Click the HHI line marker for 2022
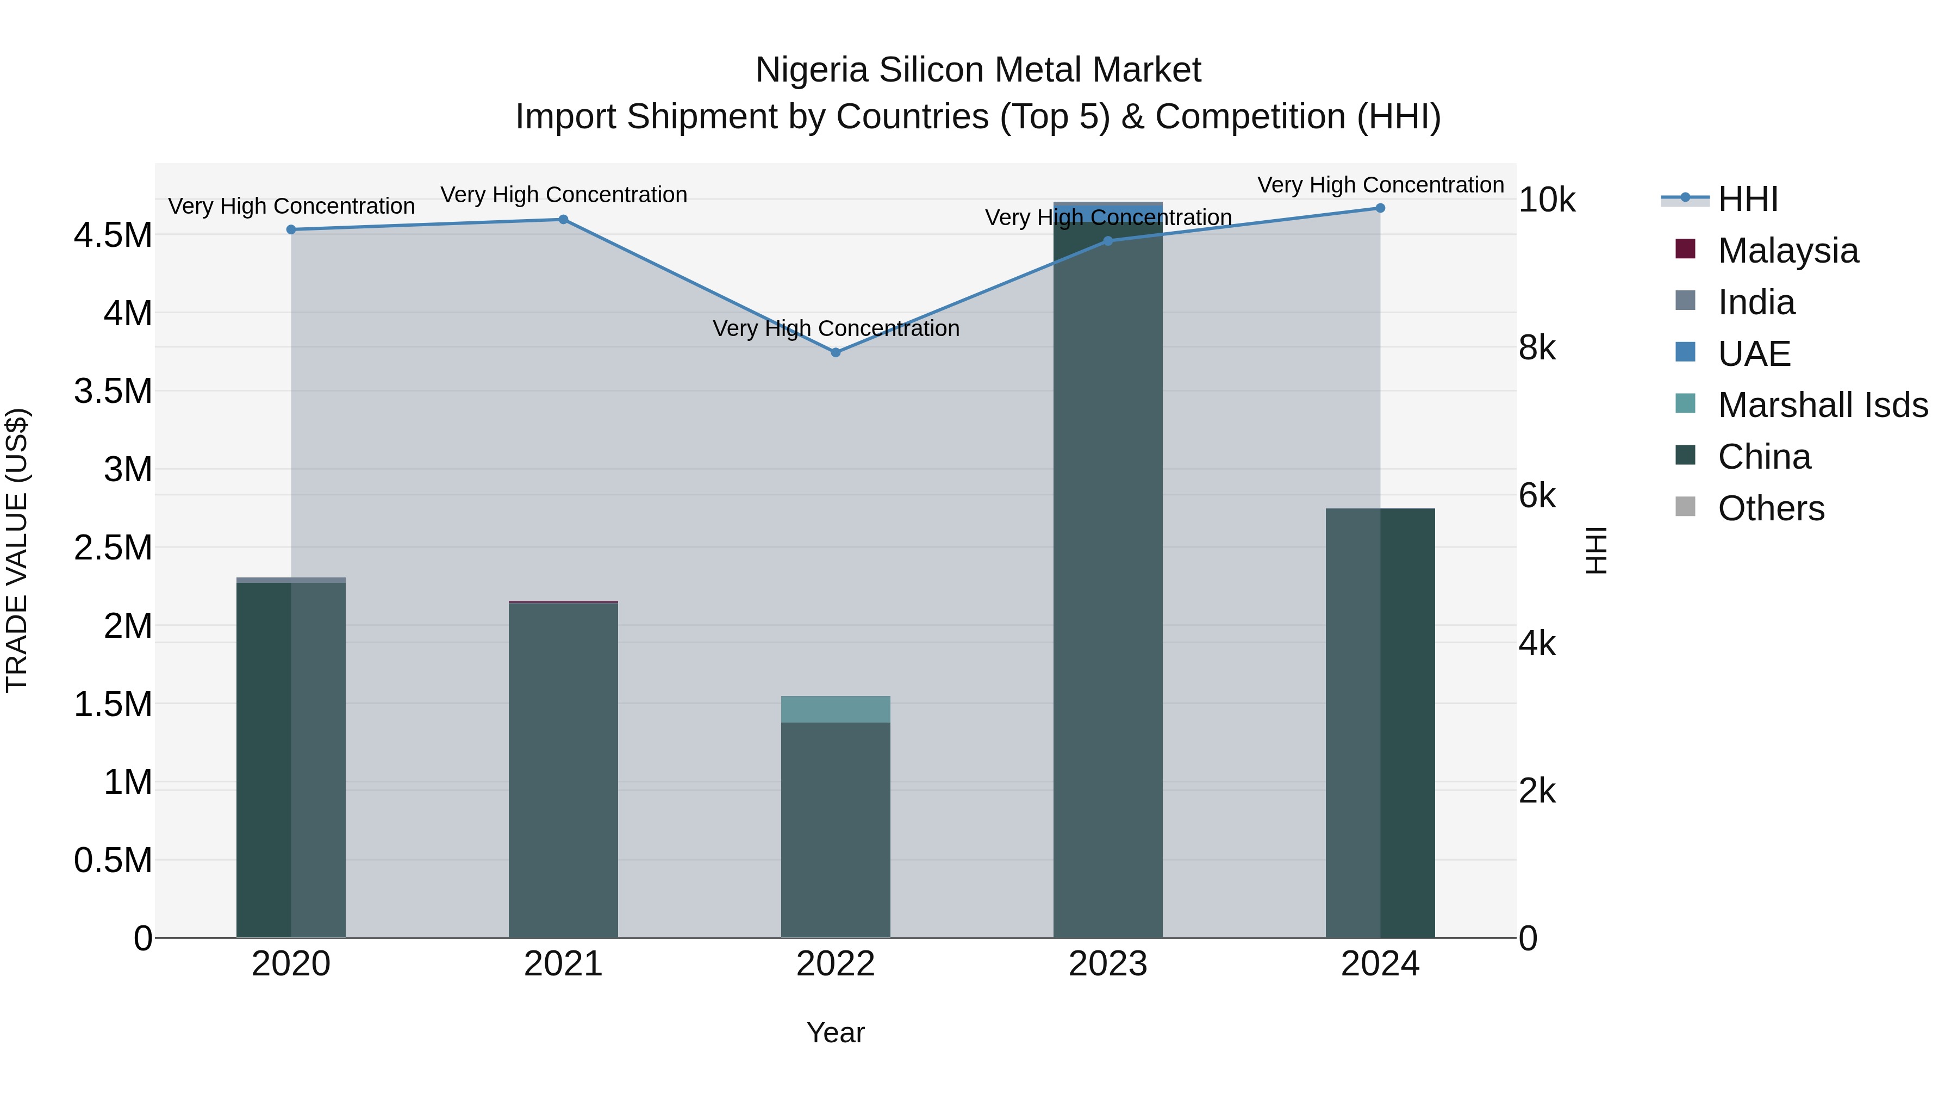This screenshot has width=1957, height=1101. click(x=836, y=352)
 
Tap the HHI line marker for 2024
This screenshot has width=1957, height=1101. click(x=1380, y=208)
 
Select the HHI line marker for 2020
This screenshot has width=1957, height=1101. click(x=291, y=229)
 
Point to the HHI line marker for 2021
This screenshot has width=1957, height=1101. click(x=563, y=220)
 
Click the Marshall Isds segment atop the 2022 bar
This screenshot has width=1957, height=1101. click(x=836, y=709)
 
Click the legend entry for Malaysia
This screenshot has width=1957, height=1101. click(x=1787, y=251)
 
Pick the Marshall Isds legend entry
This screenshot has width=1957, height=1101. click(x=1822, y=405)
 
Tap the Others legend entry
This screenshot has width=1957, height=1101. click(x=1770, y=508)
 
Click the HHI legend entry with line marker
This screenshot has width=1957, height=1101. click(x=1747, y=199)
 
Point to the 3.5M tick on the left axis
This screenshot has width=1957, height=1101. click(x=113, y=391)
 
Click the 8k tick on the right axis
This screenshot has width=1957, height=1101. click(x=1537, y=348)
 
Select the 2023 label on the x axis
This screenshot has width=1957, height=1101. click(x=1108, y=964)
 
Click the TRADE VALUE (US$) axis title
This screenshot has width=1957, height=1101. click(x=17, y=550)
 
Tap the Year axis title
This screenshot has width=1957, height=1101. click(x=836, y=1032)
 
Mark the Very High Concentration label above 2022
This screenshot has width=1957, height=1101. click(x=836, y=328)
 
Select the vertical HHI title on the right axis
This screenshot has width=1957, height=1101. click(x=1597, y=550)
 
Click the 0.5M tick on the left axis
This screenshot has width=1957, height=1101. click(x=113, y=861)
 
